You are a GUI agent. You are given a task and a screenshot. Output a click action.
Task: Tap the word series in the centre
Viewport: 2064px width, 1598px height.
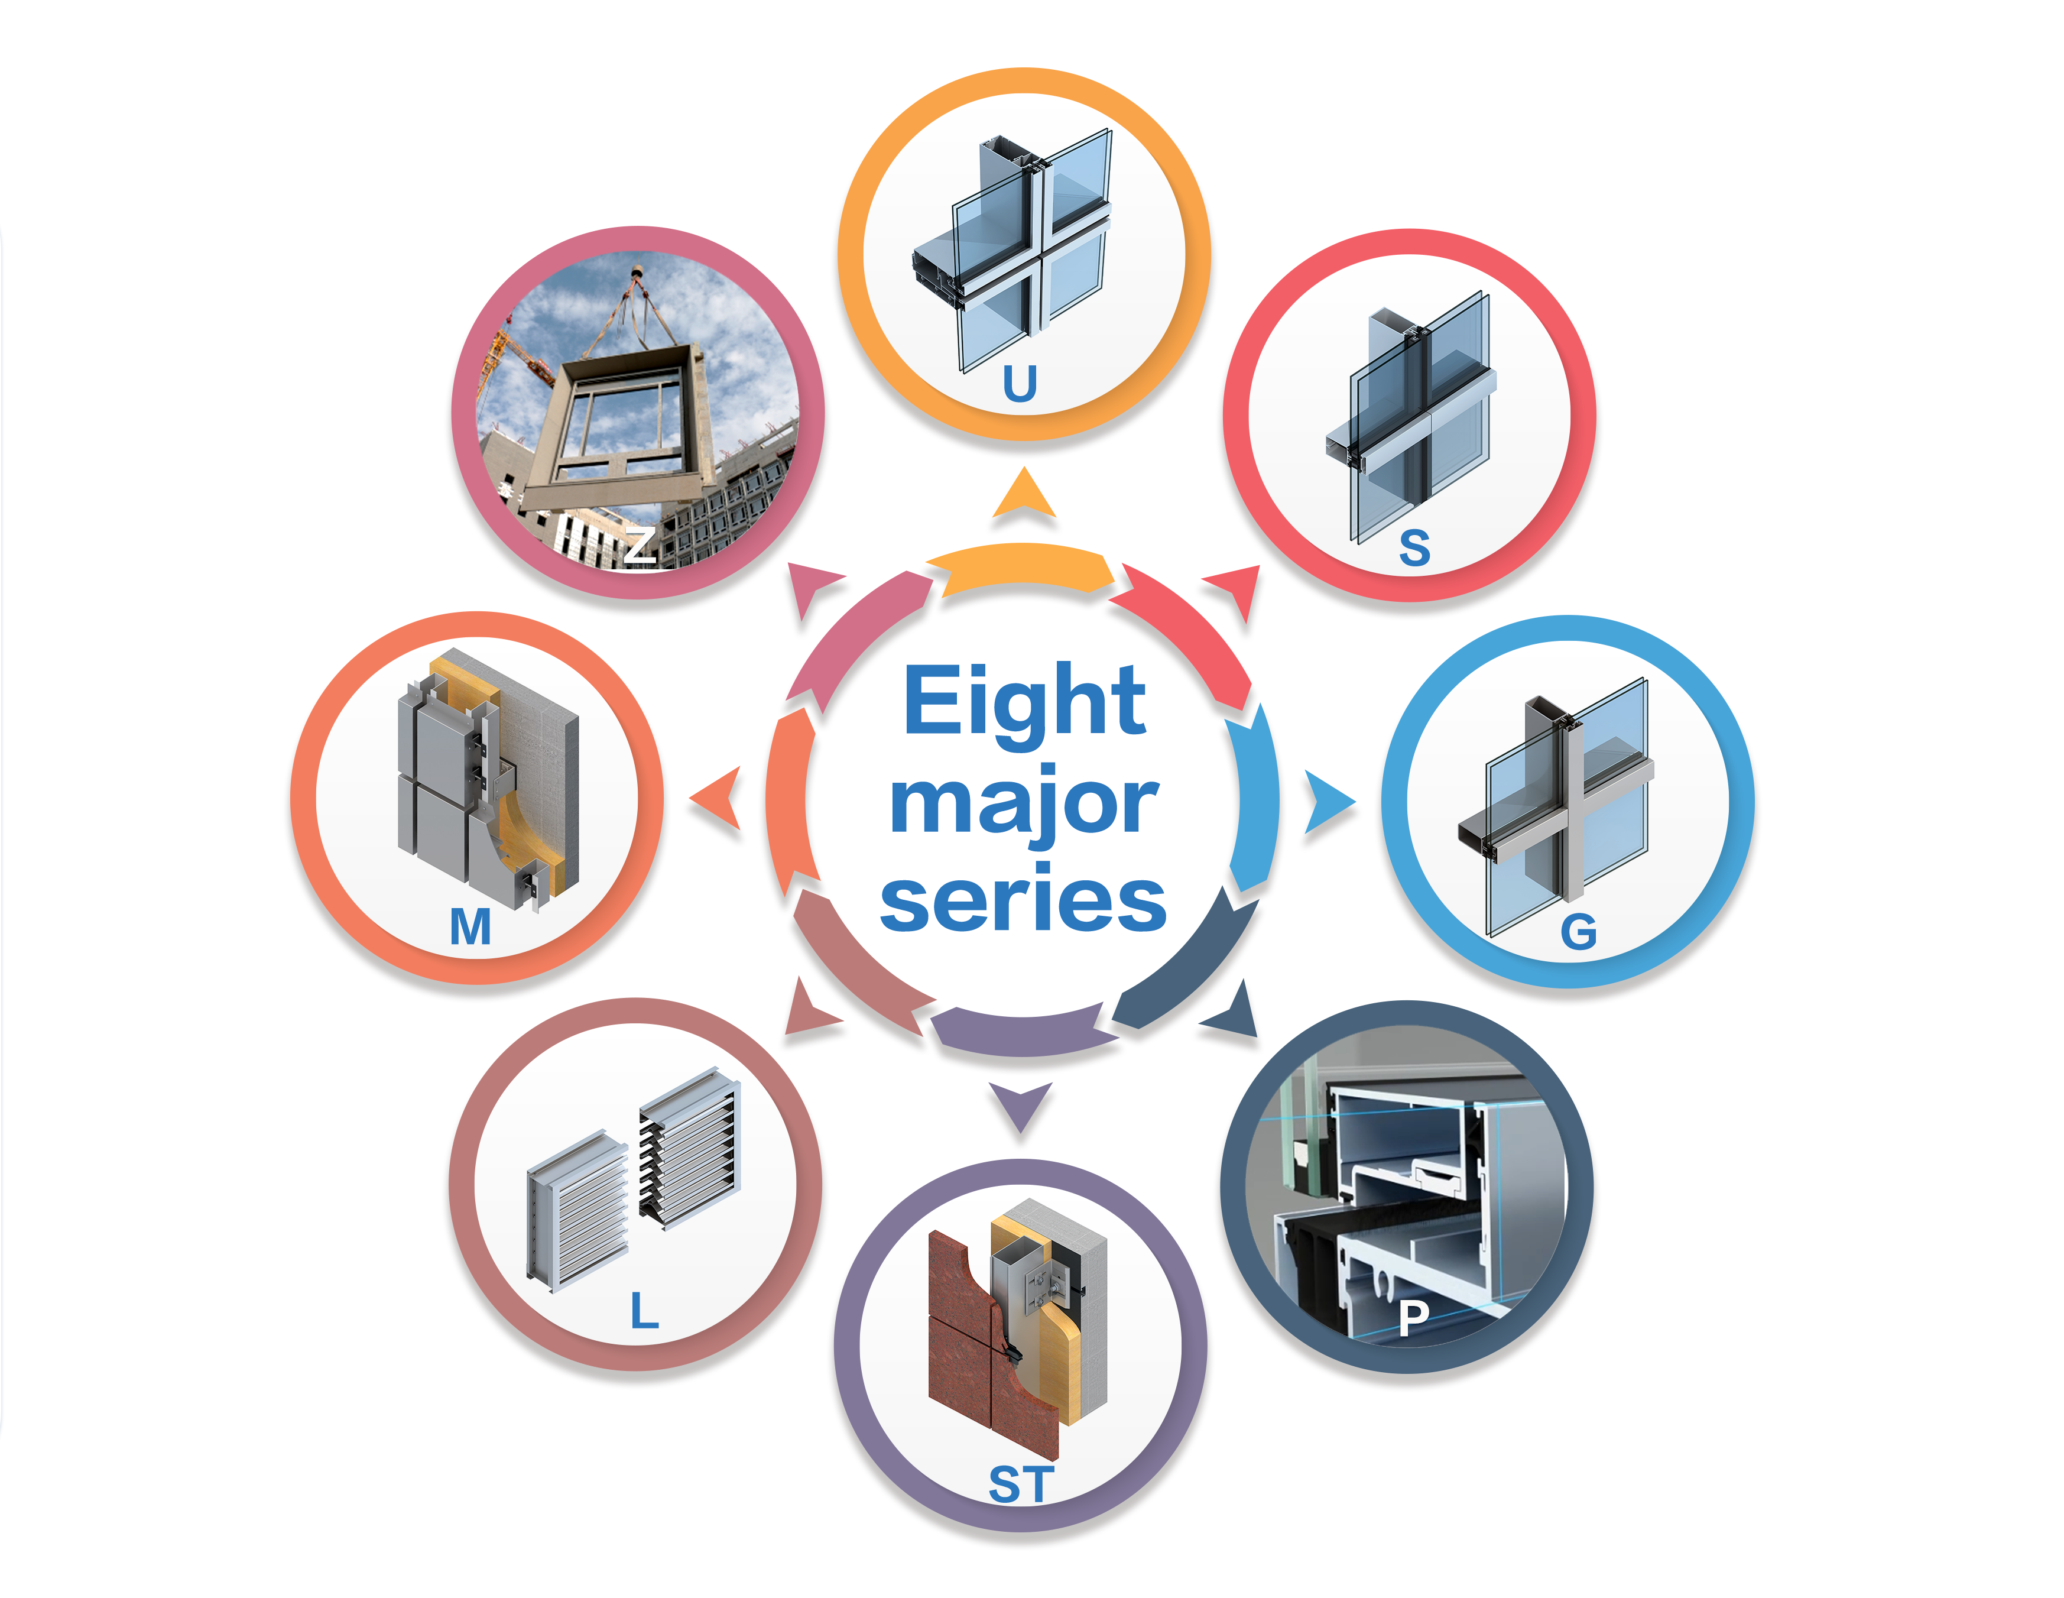(1024, 903)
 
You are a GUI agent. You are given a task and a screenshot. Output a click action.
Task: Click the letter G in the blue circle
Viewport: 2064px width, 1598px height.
(1578, 933)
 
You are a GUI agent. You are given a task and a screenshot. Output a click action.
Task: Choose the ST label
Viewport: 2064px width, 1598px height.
(1021, 1484)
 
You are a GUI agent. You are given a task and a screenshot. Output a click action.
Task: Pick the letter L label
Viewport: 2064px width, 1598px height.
(644, 1312)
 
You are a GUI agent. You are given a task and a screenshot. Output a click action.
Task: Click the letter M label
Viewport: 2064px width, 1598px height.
(470, 927)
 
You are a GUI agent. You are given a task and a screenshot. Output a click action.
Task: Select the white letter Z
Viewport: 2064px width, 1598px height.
(639, 545)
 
